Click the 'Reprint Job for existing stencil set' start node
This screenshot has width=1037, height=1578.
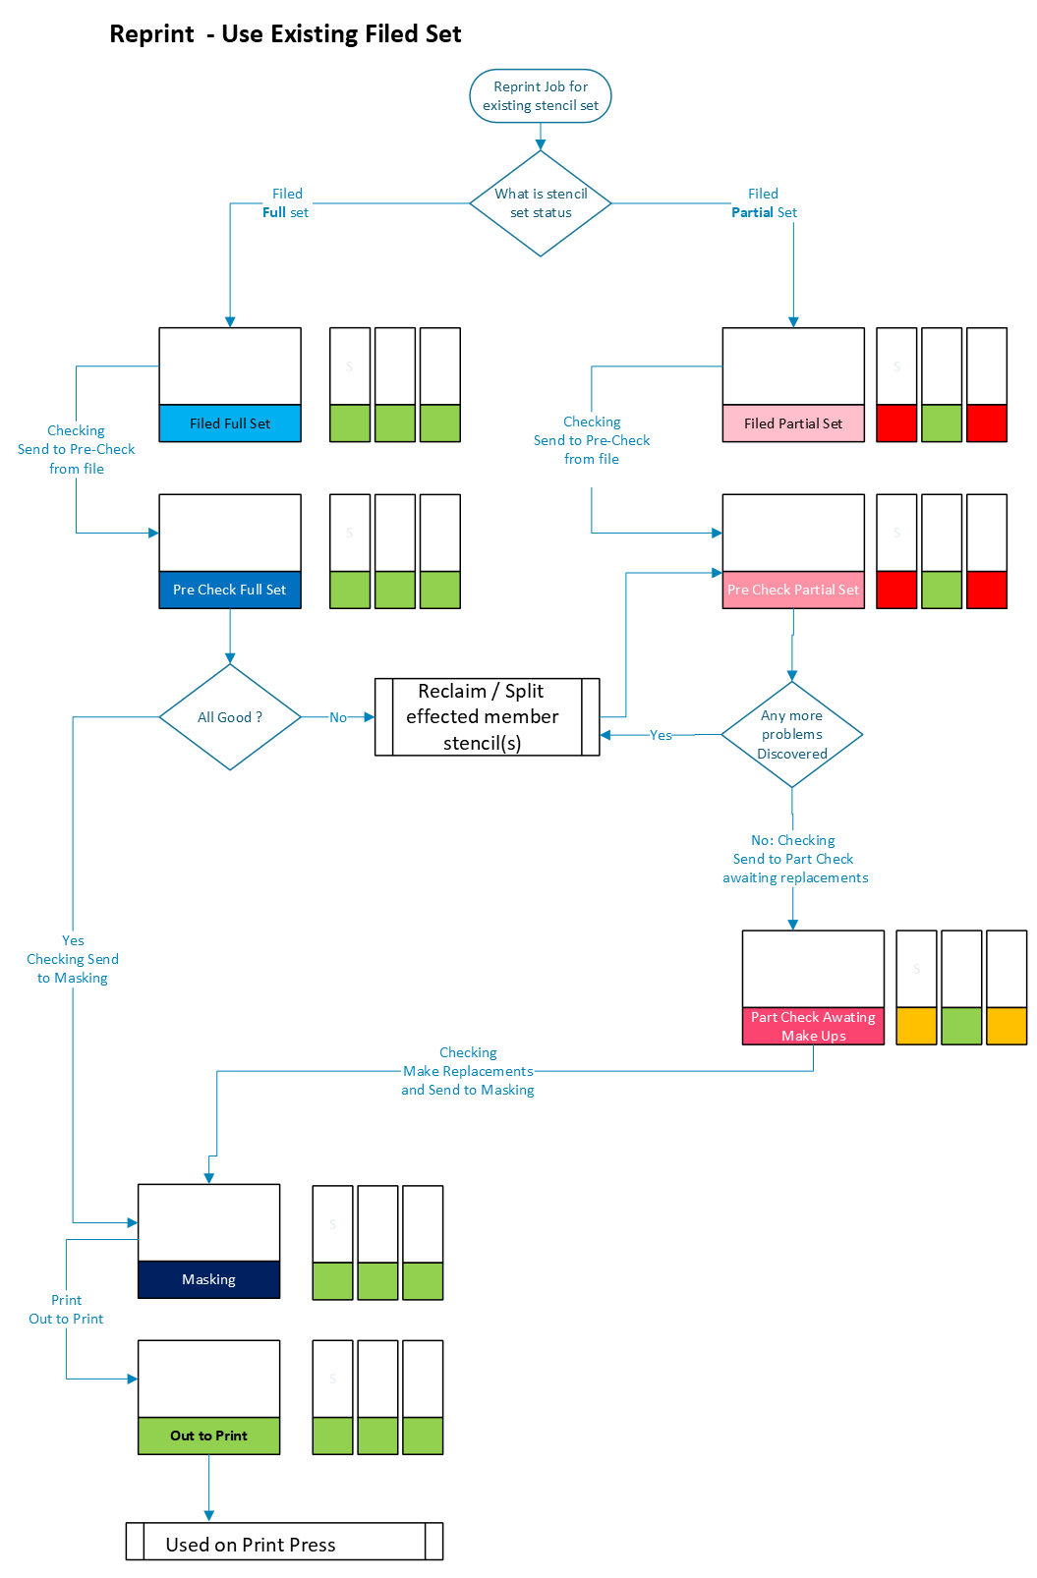tap(540, 96)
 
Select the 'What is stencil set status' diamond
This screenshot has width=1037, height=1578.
tap(540, 202)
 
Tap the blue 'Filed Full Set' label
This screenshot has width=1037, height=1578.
tap(230, 423)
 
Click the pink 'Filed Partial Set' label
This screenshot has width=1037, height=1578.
tap(793, 423)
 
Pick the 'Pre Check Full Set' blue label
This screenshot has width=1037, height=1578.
tap(230, 590)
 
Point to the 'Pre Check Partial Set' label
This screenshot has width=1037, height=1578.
tap(793, 590)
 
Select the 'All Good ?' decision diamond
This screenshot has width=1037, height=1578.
tap(230, 717)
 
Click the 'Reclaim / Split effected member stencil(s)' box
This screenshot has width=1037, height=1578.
tap(488, 717)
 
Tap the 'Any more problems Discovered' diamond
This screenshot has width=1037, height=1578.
tap(792, 734)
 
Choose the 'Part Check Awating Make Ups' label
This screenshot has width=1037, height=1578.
tap(813, 1027)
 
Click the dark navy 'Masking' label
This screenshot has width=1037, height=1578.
tap(208, 1279)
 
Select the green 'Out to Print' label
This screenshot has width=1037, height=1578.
tap(208, 1436)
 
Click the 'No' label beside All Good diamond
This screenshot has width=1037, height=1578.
tap(338, 717)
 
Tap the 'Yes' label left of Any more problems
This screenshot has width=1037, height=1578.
tap(661, 735)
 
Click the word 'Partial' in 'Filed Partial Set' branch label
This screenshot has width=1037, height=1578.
tap(753, 212)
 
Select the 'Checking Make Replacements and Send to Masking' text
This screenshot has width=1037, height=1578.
tap(468, 1071)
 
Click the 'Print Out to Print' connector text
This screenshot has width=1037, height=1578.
tap(66, 1309)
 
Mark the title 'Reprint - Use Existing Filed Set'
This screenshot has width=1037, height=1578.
tap(285, 33)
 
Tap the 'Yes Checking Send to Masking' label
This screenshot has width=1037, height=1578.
tap(73, 959)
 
